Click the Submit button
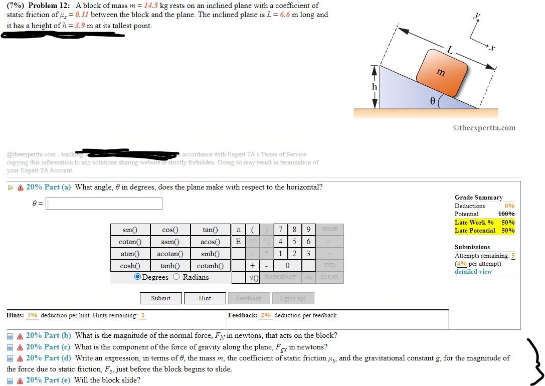click(160, 298)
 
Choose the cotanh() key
click(210, 266)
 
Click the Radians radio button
click(176, 277)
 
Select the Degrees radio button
click(137, 277)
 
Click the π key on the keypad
click(239, 230)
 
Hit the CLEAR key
click(329, 277)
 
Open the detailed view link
click(473, 272)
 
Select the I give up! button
click(296, 298)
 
